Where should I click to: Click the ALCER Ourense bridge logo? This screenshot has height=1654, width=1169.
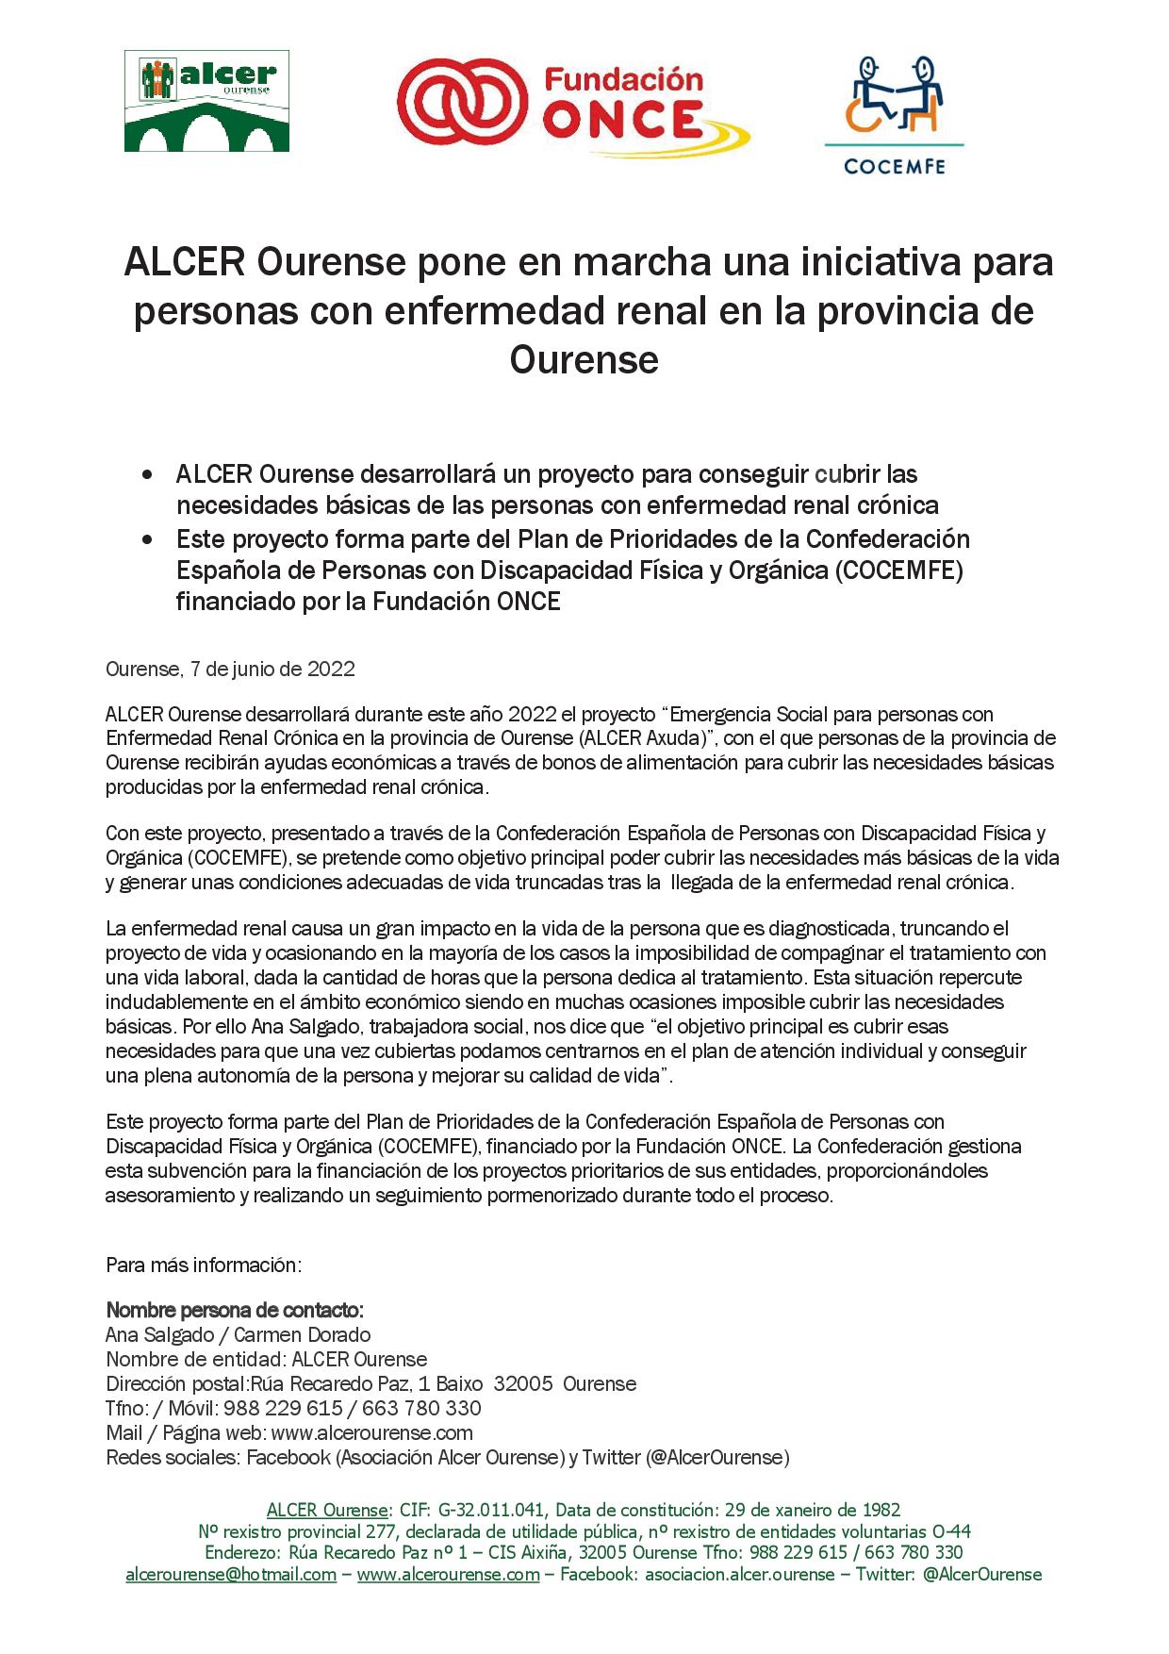coord(206,101)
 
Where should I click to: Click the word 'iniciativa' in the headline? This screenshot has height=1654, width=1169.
coord(880,262)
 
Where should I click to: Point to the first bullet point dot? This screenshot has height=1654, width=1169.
coord(146,474)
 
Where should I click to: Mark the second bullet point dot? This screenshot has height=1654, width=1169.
coord(146,540)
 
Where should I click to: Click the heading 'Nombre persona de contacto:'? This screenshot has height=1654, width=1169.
coord(235,1310)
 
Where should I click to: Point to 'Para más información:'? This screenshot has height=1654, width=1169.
coord(204,1265)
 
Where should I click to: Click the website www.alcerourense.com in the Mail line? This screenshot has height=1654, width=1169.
coord(371,1432)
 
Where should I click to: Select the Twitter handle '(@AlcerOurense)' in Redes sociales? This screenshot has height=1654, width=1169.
coord(717,1457)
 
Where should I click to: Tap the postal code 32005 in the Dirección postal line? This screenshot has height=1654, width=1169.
coord(523,1383)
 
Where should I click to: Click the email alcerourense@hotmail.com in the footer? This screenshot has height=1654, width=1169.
coord(231,1574)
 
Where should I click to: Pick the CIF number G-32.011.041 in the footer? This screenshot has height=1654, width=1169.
coord(491,1509)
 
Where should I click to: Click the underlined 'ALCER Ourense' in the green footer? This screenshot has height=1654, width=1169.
coord(327,1509)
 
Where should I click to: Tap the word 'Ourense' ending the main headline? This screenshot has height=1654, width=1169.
coord(584,360)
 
